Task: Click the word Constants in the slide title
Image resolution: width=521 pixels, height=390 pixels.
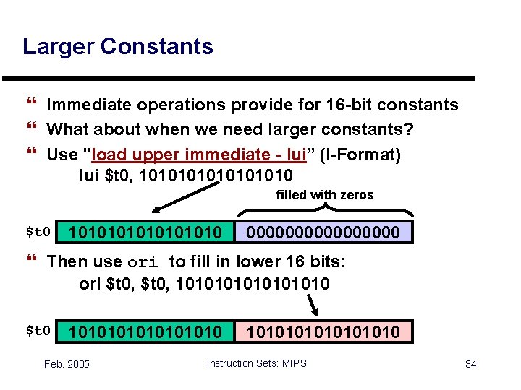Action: [157, 47]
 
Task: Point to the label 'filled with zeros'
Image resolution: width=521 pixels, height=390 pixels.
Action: [325, 195]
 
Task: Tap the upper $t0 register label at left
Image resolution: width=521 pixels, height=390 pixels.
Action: [38, 233]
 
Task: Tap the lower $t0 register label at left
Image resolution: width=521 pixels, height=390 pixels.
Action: [38, 331]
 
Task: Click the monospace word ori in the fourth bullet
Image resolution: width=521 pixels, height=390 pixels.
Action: [143, 261]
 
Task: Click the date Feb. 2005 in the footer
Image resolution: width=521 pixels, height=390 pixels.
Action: [67, 364]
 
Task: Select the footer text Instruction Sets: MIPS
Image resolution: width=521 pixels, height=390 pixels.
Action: [256, 363]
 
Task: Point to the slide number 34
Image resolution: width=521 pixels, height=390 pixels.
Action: [470, 364]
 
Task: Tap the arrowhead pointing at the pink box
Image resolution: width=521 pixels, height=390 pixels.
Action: [315, 313]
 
